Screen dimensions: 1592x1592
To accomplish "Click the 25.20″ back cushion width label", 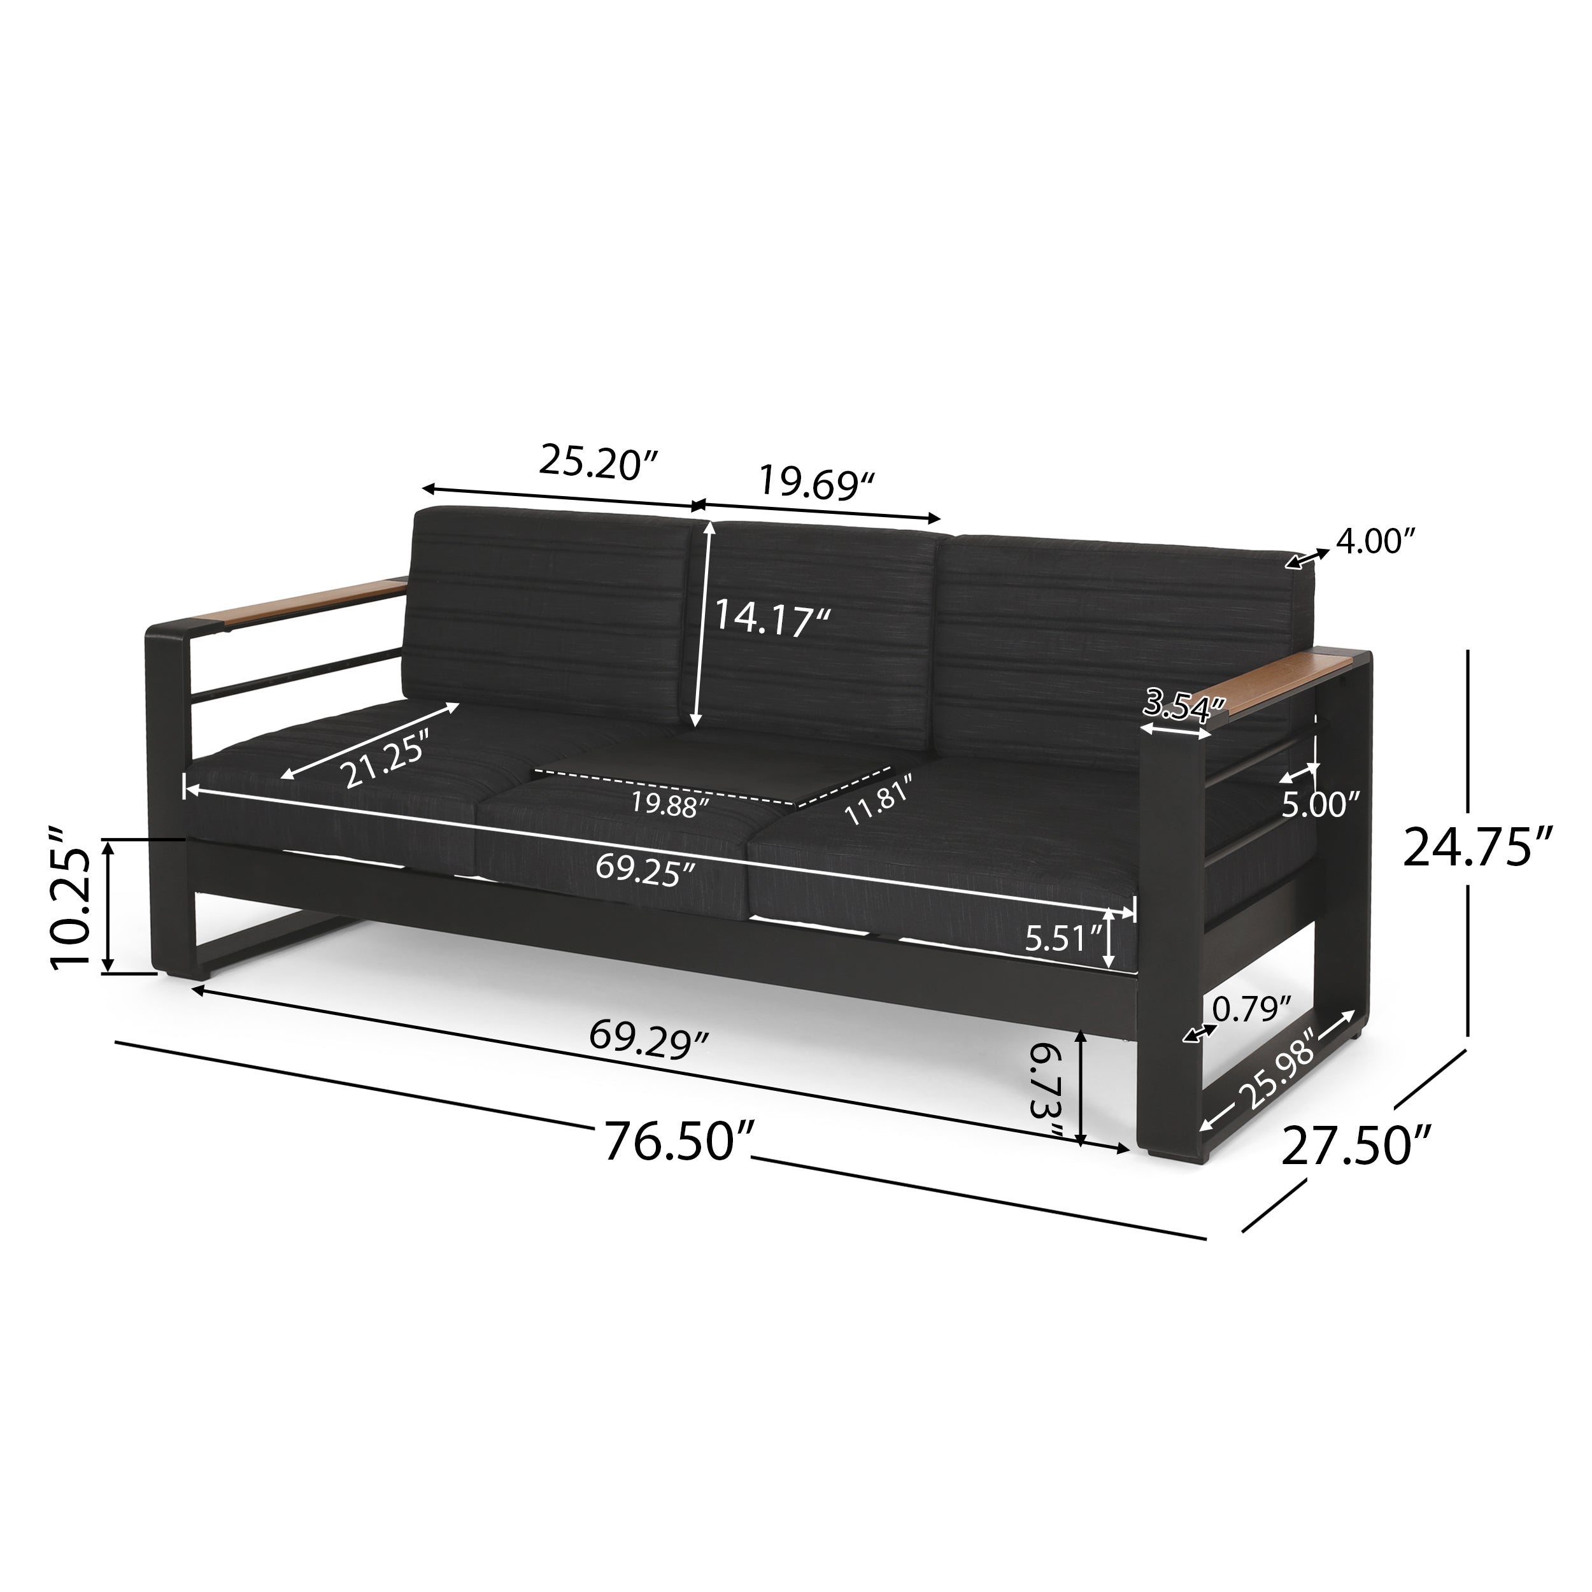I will coord(600,462).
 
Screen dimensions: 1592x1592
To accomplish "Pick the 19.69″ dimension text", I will coord(816,483).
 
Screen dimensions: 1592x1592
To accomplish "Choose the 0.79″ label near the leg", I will coord(1251,1009).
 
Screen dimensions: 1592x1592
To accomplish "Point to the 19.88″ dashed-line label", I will coord(670,804).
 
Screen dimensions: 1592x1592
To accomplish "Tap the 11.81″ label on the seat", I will coord(878,800).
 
